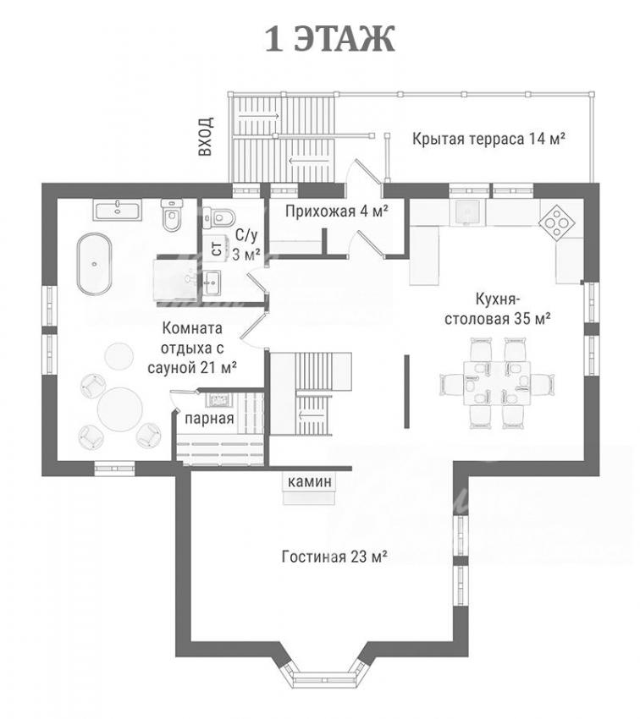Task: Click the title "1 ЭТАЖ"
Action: [330, 40]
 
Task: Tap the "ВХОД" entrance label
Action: [206, 136]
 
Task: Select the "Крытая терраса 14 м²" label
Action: [488, 139]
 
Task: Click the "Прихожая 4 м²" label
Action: [337, 211]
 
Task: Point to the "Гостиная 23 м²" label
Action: [335, 557]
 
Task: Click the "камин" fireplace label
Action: [309, 481]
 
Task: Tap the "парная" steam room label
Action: [209, 419]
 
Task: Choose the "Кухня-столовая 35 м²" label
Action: [498, 309]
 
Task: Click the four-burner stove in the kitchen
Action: [557, 222]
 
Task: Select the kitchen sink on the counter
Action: [466, 212]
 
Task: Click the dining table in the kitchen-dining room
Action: [496, 383]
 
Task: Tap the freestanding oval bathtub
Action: [94, 264]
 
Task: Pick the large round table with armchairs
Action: [120, 409]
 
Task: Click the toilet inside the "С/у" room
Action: [220, 216]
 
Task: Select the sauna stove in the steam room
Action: [217, 399]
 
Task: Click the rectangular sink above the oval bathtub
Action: [118, 210]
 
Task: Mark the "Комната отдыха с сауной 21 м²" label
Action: [192, 348]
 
